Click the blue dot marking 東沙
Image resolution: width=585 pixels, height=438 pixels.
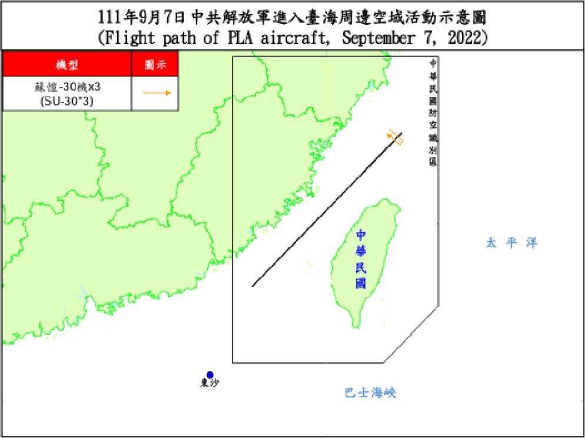(210, 375)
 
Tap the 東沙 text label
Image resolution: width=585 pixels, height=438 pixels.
(210, 383)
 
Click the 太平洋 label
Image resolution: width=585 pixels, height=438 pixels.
(511, 243)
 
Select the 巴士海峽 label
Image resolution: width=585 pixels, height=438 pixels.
(370, 393)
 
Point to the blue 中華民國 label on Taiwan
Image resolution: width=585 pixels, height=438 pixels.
(362, 259)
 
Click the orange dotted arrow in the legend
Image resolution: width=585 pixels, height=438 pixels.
(156, 93)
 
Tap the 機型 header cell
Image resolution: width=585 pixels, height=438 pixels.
(67, 65)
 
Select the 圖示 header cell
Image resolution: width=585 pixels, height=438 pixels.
(155, 65)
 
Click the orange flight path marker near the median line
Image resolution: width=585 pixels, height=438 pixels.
(396, 137)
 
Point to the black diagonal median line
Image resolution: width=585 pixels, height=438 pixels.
(326, 210)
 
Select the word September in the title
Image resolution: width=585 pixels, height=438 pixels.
(375, 38)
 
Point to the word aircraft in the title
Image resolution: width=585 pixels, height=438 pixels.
(294, 38)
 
